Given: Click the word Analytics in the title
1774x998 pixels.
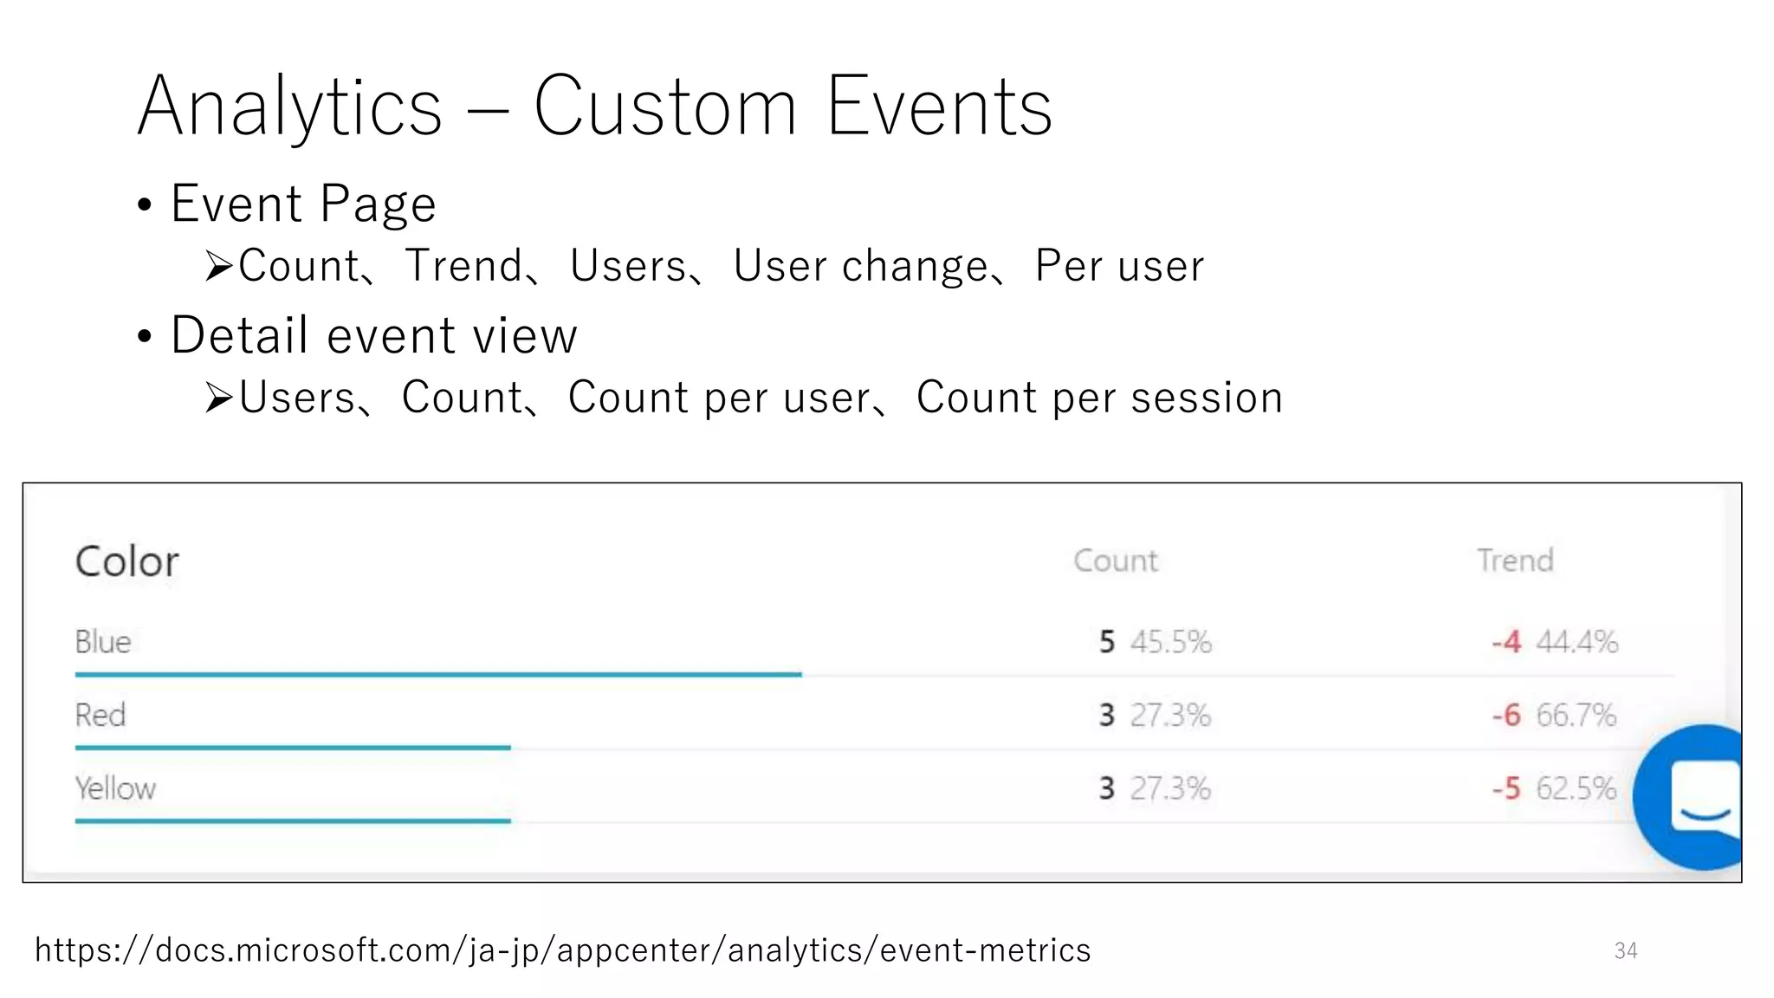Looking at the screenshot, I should click(x=290, y=107).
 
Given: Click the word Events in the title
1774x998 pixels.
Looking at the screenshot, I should click(x=939, y=107).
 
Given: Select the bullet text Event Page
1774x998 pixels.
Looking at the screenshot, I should click(x=302, y=204).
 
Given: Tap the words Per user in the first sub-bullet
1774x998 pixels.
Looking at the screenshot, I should click(x=1119, y=266).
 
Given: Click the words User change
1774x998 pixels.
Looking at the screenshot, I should click(x=860, y=266).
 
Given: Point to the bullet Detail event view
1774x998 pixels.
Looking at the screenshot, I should click(x=373, y=336).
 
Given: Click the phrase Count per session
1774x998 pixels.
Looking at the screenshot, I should click(x=1099, y=398).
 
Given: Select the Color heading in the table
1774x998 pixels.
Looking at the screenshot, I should click(x=127, y=561).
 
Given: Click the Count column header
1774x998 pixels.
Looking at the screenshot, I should click(x=1115, y=561).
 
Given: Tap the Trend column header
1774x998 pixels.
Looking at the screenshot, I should click(x=1515, y=561).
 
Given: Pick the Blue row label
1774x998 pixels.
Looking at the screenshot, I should click(x=103, y=642).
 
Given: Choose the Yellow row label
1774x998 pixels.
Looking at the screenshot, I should click(x=115, y=788).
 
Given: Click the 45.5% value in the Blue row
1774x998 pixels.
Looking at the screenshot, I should click(x=1170, y=642).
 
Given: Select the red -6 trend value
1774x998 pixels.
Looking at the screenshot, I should click(x=1506, y=716).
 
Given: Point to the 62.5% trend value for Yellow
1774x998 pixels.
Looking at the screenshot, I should click(x=1576, y=788).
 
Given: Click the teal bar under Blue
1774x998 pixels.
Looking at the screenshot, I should click(x=437, y=674).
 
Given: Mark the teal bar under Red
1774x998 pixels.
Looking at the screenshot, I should click(x=293, y=747).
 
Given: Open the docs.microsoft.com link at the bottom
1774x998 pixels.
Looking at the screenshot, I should click(x=562, y=950).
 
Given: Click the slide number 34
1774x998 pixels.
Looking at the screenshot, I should click(x=1625, y=951).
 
